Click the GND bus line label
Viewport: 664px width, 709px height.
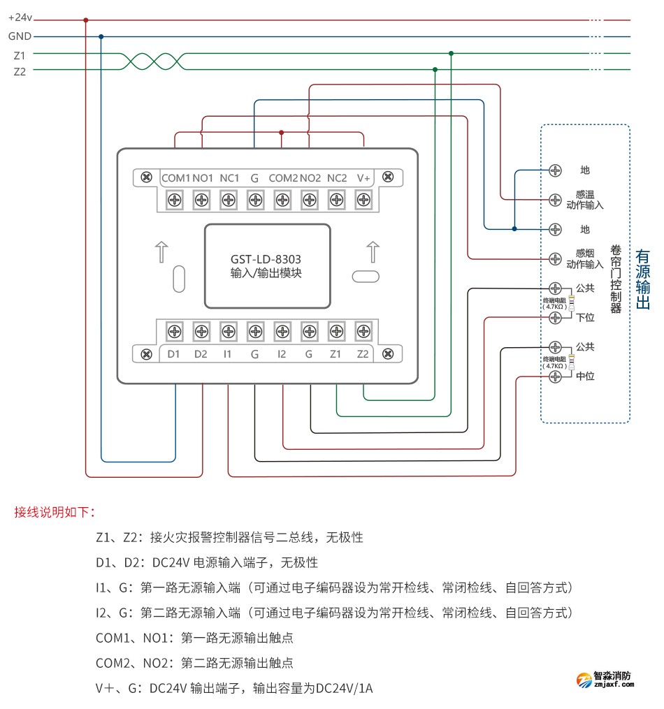point(20,36)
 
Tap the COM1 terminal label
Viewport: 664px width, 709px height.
point(175,178)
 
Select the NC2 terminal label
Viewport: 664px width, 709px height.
point(336,178)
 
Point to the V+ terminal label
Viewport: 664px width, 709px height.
point(363,178)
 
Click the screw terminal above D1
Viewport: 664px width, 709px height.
point(175,330)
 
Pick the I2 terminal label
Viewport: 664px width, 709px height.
point(282,354)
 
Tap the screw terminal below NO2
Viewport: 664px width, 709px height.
point(310,200)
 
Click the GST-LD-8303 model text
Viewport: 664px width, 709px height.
point(266,258)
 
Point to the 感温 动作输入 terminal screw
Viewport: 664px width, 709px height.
point(555,200)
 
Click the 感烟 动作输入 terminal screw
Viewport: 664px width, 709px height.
point(555,259)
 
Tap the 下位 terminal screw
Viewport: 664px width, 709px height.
point(555,318)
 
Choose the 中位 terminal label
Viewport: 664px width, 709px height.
point(585,377)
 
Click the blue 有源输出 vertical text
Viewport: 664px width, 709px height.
point(642,279)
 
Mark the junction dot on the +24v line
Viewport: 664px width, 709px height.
point(86,20)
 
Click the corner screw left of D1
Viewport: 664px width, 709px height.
point(146,354)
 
